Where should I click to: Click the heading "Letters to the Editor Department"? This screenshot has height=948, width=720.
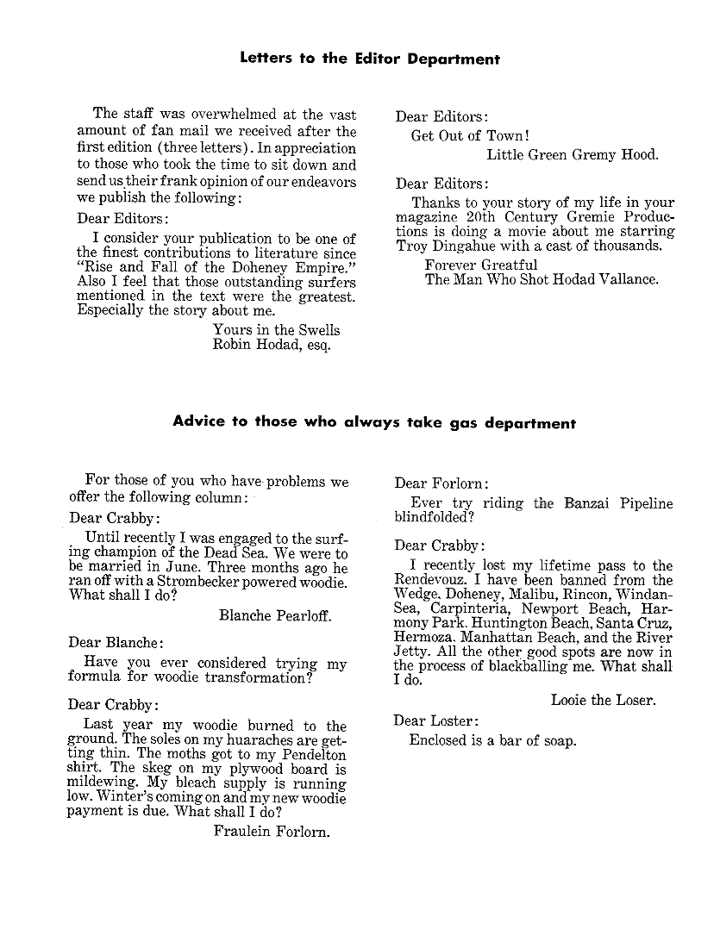[x=369, y=59]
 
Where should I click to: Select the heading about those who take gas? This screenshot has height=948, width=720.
[x=374, y=422]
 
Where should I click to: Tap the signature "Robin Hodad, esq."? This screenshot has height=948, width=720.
[x=272, y=345]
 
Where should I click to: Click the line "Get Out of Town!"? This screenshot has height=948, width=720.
[x=470, y=135]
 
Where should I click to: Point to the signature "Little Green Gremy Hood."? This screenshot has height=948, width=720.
[x=572, y=155]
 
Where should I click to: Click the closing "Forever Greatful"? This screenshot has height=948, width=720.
[x=481, y=265]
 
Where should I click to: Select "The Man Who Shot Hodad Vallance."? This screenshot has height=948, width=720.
[x=542, y=279]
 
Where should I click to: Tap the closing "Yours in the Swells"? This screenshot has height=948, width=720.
[x=276, y=329]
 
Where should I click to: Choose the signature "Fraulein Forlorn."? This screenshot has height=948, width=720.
[x=272, y=832]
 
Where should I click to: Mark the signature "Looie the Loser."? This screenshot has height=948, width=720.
[x=603, y=700]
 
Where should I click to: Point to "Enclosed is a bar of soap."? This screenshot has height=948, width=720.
[x=492, y=740]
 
